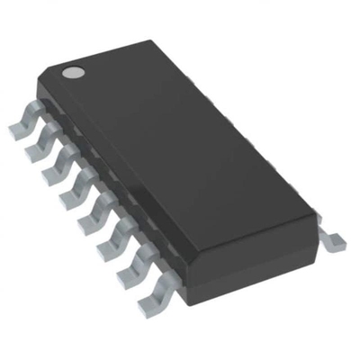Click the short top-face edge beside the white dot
click(117, 54)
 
